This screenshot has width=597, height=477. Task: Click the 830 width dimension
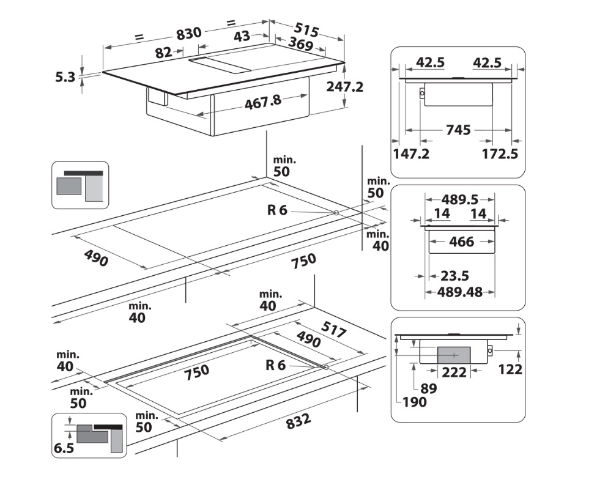[x=189, y=34]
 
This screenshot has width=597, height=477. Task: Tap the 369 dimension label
[x=300, y=44]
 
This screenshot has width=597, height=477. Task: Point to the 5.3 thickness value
[x=65, y=77]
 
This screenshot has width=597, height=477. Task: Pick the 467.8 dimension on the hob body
[x=263, y=102]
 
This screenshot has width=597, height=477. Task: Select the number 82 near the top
[x=163, y=53]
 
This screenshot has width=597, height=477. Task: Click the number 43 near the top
[x=242, y=37]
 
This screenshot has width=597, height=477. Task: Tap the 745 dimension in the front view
[x=458, y=130]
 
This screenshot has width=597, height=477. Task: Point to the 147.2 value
[x=411, y=153]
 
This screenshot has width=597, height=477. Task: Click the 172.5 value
[x=500, y=153]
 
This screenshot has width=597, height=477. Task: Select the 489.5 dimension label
[x=459, y=199]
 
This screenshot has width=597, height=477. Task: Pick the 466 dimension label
[x=461, y=242]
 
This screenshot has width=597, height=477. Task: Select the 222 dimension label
[x=454, y=372]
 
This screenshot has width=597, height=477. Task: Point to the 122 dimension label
[x=510, y=369]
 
